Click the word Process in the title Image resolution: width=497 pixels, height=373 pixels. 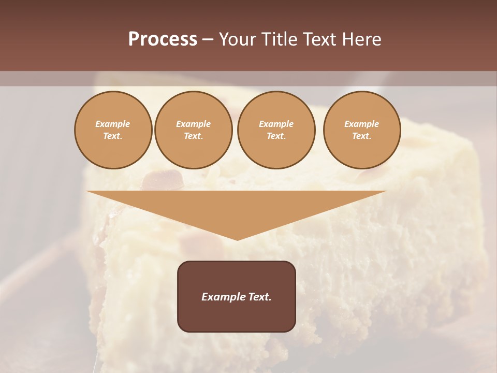pos(163,39)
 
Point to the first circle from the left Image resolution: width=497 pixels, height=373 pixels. pos(113,130)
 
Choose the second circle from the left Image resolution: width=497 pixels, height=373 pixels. pos(193,130)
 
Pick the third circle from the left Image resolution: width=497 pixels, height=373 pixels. pos(276,130)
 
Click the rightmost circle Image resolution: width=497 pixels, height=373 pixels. pos(361,130)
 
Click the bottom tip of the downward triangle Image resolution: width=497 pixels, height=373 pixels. pos(237,239)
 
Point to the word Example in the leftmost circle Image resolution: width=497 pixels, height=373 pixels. pos(113,124)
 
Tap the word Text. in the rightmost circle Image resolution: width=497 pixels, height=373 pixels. pos(361,136)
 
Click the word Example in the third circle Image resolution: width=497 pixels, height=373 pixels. pos(276,124)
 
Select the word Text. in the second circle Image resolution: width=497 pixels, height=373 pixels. pos(193,136)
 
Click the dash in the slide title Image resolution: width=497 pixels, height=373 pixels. pos(208,39)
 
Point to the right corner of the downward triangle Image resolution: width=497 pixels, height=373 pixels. pos(385,192)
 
